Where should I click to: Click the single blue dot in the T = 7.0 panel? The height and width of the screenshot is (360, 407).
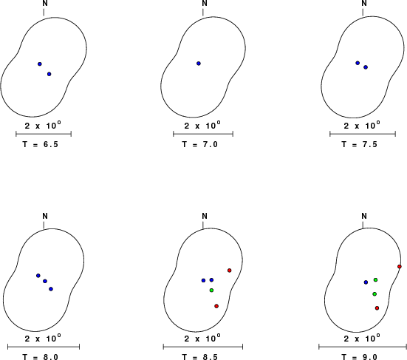[199, 64]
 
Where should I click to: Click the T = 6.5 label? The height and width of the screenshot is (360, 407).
[40, 144]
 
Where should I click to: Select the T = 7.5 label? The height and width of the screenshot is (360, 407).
[359, 144]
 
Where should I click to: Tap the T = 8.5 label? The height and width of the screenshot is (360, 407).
[200, 357]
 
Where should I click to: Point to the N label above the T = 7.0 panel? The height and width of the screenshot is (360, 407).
[205, 4]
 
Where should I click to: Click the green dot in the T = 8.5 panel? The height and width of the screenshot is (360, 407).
[211, 290]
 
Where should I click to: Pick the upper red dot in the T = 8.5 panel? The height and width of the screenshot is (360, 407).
[230, 271]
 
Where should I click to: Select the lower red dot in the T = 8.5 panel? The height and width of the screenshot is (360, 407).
[216, 306]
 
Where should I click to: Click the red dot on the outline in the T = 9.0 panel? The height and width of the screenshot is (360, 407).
[400, 267]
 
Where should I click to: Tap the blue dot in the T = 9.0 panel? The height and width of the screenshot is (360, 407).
[366, 282]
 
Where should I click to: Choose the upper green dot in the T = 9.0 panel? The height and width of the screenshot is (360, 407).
[375, 279]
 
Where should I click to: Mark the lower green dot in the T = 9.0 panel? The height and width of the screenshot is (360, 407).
[374, 293]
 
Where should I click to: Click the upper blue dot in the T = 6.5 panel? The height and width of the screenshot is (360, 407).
[40, 64]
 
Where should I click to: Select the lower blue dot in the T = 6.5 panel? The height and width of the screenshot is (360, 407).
[49, 74]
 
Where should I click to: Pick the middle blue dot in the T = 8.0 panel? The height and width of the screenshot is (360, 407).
[45, 281]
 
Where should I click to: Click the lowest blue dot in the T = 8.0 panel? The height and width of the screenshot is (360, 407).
[51, 289]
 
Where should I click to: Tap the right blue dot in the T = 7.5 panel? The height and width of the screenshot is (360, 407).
[366, 67]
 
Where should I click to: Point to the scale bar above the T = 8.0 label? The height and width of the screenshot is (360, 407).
[44, 347]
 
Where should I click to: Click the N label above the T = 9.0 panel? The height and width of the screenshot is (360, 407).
[364, 216]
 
